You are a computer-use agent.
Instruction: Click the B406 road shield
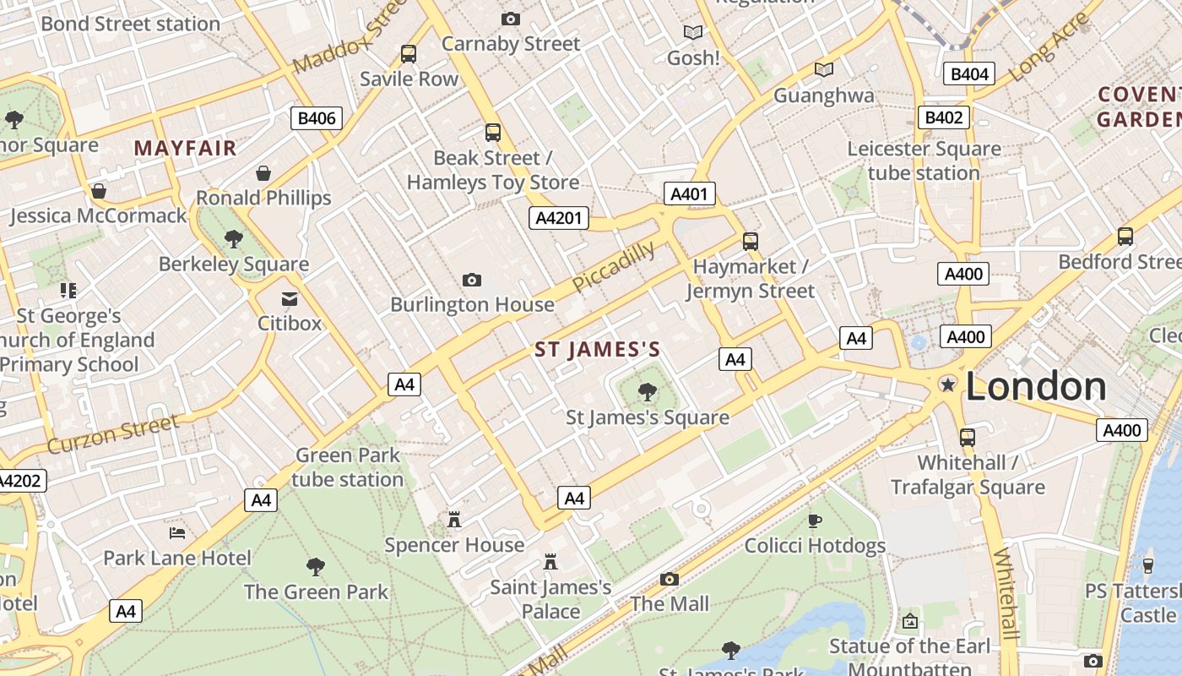(317, 118)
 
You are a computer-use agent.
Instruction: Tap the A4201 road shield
(559, 218)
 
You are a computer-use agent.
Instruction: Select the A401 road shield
(689, 194)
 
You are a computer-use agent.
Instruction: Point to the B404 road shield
(968, 74)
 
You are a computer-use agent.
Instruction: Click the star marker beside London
(948, 384)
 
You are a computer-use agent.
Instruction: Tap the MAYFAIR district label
(185, 149)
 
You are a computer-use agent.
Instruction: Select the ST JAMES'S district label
(598, 350)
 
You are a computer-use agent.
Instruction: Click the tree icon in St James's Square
(648, 391)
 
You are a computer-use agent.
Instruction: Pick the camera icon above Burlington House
(472, 280)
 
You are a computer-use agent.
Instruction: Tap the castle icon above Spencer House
(454, 519)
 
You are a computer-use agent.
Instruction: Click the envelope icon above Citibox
(290, 298)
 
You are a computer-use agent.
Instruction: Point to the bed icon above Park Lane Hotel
(177, 532)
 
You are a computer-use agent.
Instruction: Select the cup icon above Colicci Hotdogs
(815, 521)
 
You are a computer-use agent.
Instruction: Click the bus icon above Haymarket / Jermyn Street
(751, 242)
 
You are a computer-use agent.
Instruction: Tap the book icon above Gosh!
(693, 32)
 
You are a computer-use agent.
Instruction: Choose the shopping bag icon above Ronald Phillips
(263, 173)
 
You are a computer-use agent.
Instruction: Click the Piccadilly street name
(614, 266)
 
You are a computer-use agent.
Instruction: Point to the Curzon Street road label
(113, 433)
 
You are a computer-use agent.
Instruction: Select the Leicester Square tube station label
(924, 161)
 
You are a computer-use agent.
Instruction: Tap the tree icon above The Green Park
(316, 566)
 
